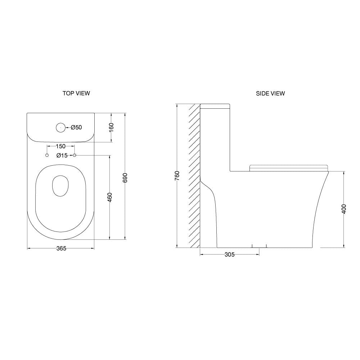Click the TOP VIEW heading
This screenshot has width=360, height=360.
(x=76, y=93)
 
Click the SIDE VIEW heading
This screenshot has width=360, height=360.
(x=270, y=94)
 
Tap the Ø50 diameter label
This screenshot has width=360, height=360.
(x=76, y=127)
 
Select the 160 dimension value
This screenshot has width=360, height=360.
(x=111, y=127)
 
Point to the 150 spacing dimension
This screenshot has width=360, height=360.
(x=60, y=146)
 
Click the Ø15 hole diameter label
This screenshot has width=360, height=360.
(x=62, y=156)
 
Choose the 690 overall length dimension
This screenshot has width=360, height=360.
(x=125, y=178)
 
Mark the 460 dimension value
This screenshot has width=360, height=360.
(x=110, y=197)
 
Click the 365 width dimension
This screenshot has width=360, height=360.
(x=61, y=248)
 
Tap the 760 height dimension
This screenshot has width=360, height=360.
(x=177, y=176)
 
